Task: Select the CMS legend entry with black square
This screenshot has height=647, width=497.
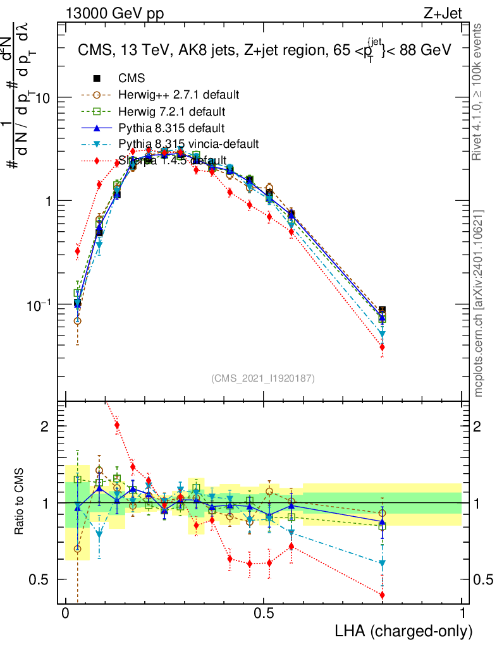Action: [131, 79]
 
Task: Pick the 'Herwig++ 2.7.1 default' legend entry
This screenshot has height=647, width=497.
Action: [178, 95]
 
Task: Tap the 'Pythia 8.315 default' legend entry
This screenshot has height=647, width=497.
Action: [171, 128]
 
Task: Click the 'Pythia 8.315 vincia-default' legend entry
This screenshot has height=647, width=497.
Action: [188, 144]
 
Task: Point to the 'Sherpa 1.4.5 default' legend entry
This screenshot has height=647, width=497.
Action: [172, 160]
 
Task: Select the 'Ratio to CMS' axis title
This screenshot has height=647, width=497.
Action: [20, 503]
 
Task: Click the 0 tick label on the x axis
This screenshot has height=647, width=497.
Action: [66, 614]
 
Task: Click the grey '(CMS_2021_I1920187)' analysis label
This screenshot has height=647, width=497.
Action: [263, 378]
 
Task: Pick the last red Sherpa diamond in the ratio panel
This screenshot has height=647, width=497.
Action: [382, 595]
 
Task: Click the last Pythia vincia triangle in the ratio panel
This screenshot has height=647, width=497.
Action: [382, 563]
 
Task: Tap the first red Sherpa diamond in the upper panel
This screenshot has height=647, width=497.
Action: [78, 251]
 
